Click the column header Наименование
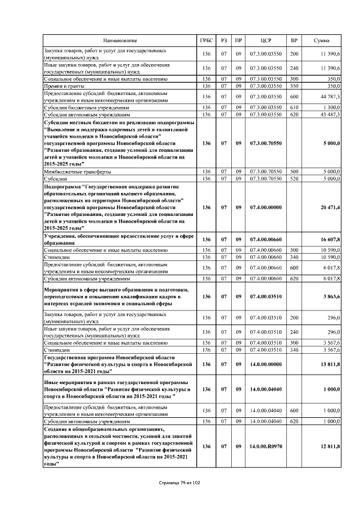pyautogui.click(x=119, y=41)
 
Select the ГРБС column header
pyautogui.click(x=206, y=41)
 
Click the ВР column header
pyautogui.click(x=294, y=41)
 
